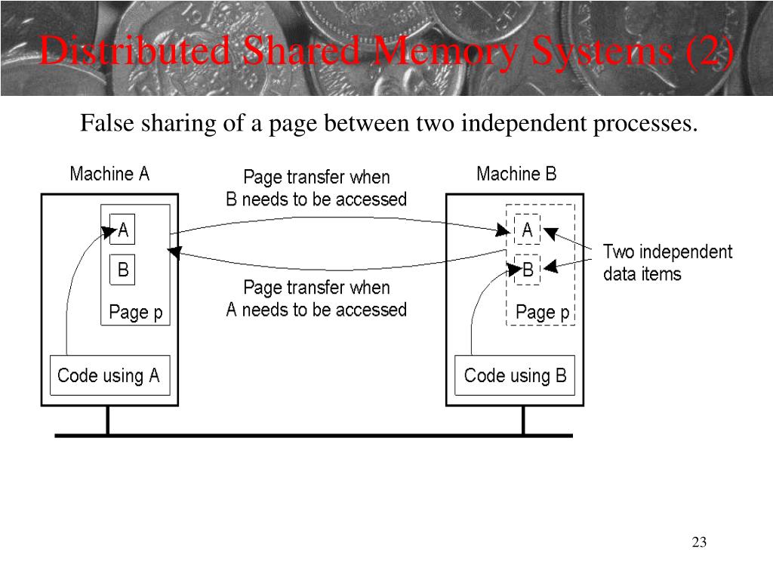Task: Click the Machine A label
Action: click(x=109, y=174)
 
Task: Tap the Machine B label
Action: click(x=516, y=174)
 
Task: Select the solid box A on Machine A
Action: click(x=122, y=230)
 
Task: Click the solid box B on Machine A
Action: click(x=122, y=270)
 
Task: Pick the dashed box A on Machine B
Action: click(x=527, y=230)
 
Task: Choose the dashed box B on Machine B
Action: click(x=528, y=270)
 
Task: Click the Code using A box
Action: click(x=109, y=375)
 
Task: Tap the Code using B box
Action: click(x=515, y=375)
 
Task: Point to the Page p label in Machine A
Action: click(x=136, y=313)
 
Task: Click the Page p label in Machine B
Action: click(x=542, y=313)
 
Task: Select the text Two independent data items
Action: click(x=667, y=263)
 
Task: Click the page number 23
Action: click(x=698, y=542)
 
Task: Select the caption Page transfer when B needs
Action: click(x=316, y=189)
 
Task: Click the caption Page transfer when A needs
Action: click(x=316, y=299)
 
